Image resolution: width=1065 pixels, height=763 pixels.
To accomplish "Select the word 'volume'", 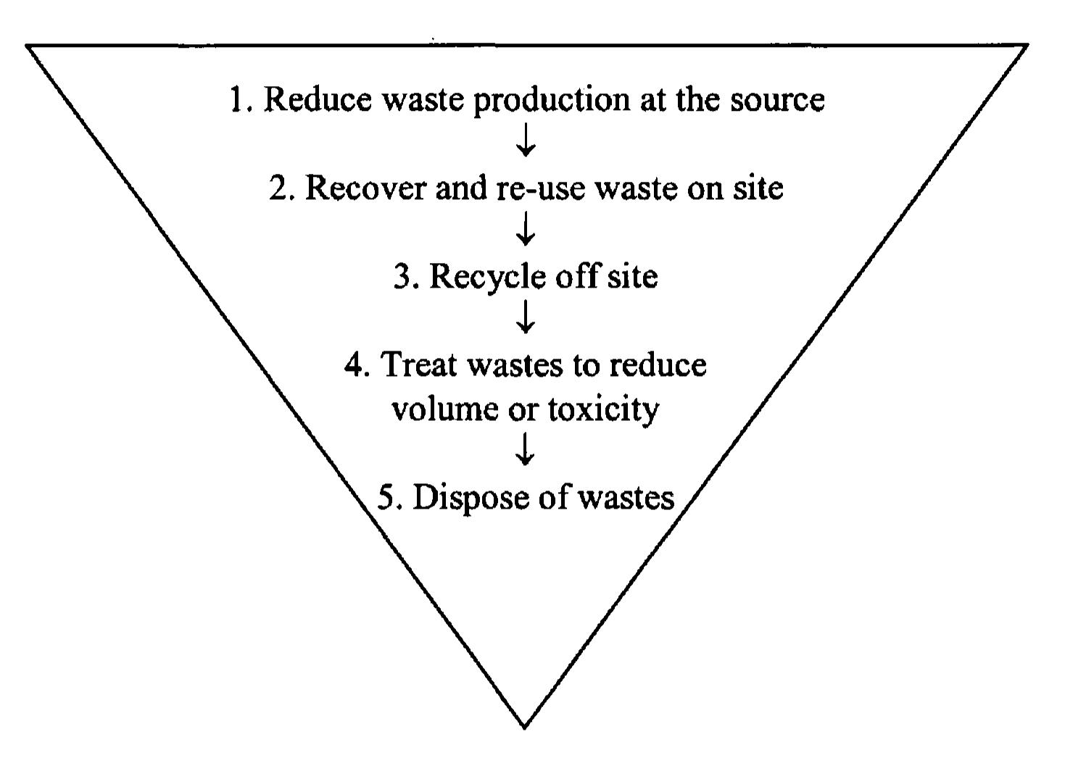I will click(435, 409).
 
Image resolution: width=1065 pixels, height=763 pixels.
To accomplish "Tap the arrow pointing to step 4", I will click(526, 319).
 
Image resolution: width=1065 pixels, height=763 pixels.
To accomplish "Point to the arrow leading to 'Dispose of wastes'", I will click(526, 452).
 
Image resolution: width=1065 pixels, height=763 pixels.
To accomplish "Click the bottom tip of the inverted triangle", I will click(524, 725).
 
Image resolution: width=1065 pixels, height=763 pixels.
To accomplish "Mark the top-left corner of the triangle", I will click(28, 46).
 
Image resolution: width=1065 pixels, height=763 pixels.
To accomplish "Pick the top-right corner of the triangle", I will click(1027, 46).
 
